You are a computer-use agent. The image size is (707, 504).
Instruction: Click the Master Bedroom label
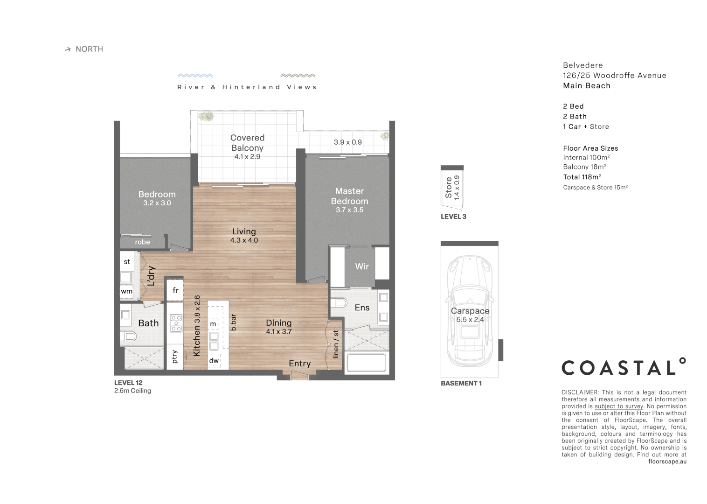point(349,196)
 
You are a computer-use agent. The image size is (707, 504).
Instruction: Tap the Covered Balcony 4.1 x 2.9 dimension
point(247,157)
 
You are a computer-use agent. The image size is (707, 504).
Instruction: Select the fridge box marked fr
point(175,290)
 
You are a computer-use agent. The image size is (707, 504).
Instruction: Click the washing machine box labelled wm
point(126,291)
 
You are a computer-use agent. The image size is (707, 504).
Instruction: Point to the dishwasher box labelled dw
point(214,361)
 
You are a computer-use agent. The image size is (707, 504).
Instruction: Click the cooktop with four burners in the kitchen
point(176,323)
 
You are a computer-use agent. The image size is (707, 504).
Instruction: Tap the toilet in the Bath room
point(128,336)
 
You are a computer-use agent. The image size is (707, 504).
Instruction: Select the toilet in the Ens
point(339,303)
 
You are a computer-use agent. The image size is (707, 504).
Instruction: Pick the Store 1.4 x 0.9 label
point(452,188)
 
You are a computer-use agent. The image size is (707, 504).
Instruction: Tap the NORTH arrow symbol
point(68,49)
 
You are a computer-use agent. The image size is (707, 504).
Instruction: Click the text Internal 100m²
point(586,158)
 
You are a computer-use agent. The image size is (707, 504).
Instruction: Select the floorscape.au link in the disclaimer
point(667,462)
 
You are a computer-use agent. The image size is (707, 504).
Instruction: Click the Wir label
point(362,266)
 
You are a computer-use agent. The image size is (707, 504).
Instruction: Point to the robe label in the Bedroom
point(142,242)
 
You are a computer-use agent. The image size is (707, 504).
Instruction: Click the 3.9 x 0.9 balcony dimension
point(347,142)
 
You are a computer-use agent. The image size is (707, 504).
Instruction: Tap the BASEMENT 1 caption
point(461,383)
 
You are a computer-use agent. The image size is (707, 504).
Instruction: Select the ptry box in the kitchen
point(175,357)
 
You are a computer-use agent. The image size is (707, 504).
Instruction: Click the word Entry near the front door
point(299,364)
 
